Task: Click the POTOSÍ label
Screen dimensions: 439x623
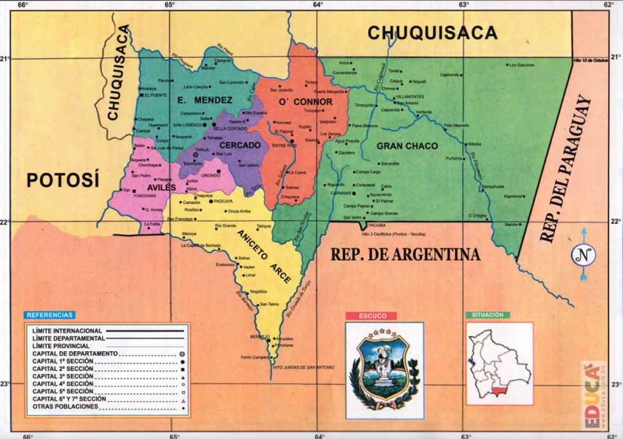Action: coord(63,180)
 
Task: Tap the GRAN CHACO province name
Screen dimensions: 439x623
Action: coord(407,146)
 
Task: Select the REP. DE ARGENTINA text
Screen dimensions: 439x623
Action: coord(405,254)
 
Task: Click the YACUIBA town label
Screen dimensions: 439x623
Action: coord(377,225)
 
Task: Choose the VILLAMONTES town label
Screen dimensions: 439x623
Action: coord(410,97)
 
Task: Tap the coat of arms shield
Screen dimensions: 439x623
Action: coord(384,363)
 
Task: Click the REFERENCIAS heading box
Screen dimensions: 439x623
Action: coord(50,315)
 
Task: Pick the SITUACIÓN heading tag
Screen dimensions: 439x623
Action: coord(488,315)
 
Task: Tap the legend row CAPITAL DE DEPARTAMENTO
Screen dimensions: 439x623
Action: coord(75,353)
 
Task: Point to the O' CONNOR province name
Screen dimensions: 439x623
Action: coord(306,102)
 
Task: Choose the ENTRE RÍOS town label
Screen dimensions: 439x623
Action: coord(284,146)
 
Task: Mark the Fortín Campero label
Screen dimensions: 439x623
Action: coord(255,358)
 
